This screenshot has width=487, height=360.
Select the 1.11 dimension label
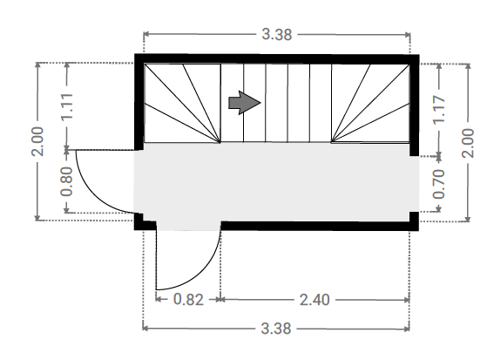[67, 106]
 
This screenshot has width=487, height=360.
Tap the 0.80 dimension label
[66, 181]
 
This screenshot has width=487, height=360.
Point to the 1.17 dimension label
[439, 110]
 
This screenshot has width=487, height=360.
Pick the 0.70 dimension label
[439, 184]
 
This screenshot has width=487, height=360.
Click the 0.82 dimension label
[188, 300]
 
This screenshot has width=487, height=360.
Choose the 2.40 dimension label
[315, 300]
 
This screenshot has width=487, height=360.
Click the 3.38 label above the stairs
[277, 34]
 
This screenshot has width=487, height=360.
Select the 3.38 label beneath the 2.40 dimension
[276, 329]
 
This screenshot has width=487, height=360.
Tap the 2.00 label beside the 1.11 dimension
[37, 141]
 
